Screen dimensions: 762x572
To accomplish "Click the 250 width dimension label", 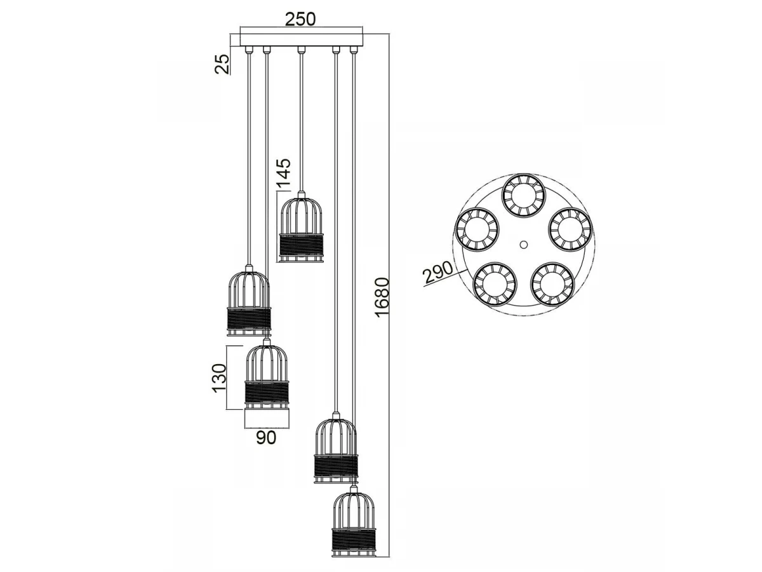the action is click(x=300, y=19).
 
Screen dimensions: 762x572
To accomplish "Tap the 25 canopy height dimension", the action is click(x=222, y=64).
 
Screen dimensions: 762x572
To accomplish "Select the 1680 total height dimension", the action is click(x=382, y=297).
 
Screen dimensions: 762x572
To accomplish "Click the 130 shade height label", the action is click(x=219, y=378).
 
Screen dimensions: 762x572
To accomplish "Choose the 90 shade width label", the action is click(x=266, y=438).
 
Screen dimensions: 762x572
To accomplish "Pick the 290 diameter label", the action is click(x=438, y=273).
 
